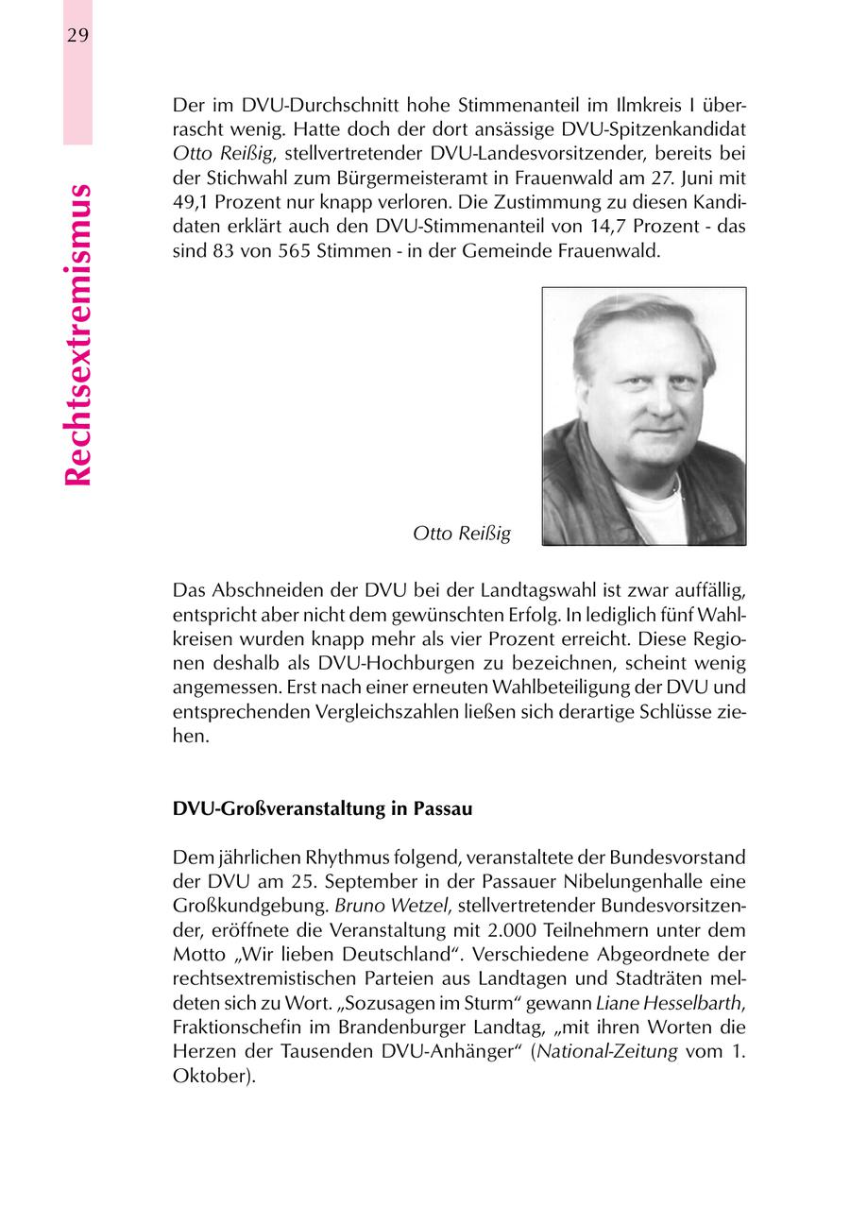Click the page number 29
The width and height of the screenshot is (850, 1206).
point(77,35)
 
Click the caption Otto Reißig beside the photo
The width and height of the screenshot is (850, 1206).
point(462,535)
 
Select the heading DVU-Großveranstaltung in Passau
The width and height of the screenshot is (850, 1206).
point(322,810)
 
